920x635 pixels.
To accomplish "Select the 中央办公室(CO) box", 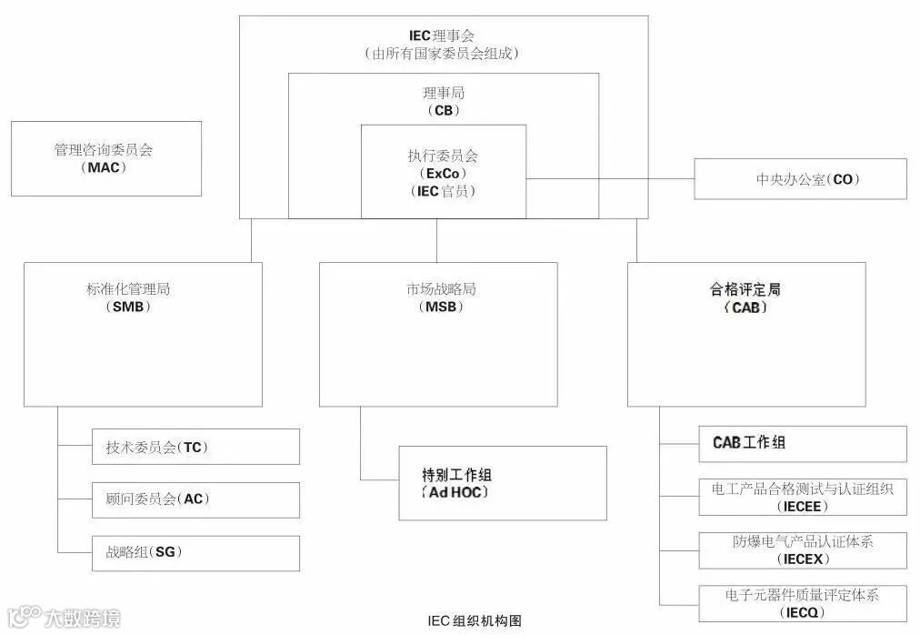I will [800, 179].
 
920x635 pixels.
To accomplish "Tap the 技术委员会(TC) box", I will [195, 447].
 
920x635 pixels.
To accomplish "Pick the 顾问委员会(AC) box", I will [195, 499].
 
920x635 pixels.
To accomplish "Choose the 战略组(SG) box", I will [195, 552].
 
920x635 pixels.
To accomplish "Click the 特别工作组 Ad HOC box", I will [502, 483].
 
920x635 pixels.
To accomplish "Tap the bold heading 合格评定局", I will [745, 290].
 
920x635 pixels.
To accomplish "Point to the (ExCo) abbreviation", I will [443, 174].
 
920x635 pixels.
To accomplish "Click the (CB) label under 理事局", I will [443, 111].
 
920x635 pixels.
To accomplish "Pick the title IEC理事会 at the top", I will [443, 35].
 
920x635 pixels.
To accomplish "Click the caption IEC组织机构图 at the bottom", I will [475, 621].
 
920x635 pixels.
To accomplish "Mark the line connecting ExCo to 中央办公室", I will [609, 179].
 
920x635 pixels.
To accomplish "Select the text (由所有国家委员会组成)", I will [443, 54].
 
